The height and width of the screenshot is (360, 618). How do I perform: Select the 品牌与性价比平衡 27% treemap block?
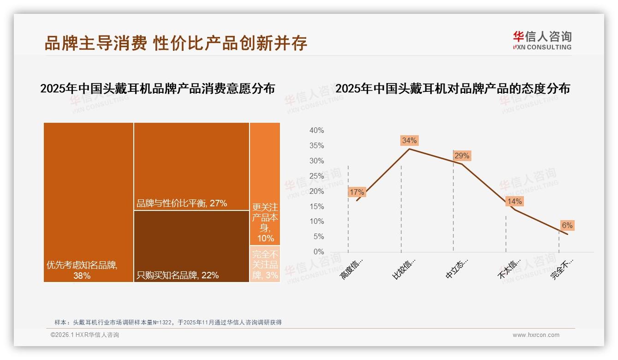(x=191, y=166)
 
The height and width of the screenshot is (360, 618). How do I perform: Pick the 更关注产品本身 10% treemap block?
(x=265, y=184)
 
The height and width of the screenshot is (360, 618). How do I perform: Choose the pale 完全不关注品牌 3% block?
(x=265, y=264)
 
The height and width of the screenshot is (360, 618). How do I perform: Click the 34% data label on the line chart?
(x=409, y=140)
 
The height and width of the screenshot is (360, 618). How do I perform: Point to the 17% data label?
(x=357, y=192)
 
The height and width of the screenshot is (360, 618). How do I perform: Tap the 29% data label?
(x=462, y=156)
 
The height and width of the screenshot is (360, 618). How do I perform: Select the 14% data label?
(x=514, y=201)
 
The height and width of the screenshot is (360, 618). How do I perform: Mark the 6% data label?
(x=567, y=225)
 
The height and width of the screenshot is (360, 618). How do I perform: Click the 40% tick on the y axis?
(x=316, y=131)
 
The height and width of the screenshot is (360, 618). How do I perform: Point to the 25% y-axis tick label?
(x=316, y=176)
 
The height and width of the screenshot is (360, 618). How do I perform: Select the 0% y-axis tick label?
(x=318, y=252)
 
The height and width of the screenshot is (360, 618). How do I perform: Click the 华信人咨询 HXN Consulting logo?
(x=542, y=40)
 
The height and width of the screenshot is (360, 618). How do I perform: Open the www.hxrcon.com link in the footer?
(x=536, y=335)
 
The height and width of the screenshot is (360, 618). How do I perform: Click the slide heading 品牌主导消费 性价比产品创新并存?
(x=176, y=43)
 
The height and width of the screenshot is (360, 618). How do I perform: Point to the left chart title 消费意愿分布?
(x=157, y=88)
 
